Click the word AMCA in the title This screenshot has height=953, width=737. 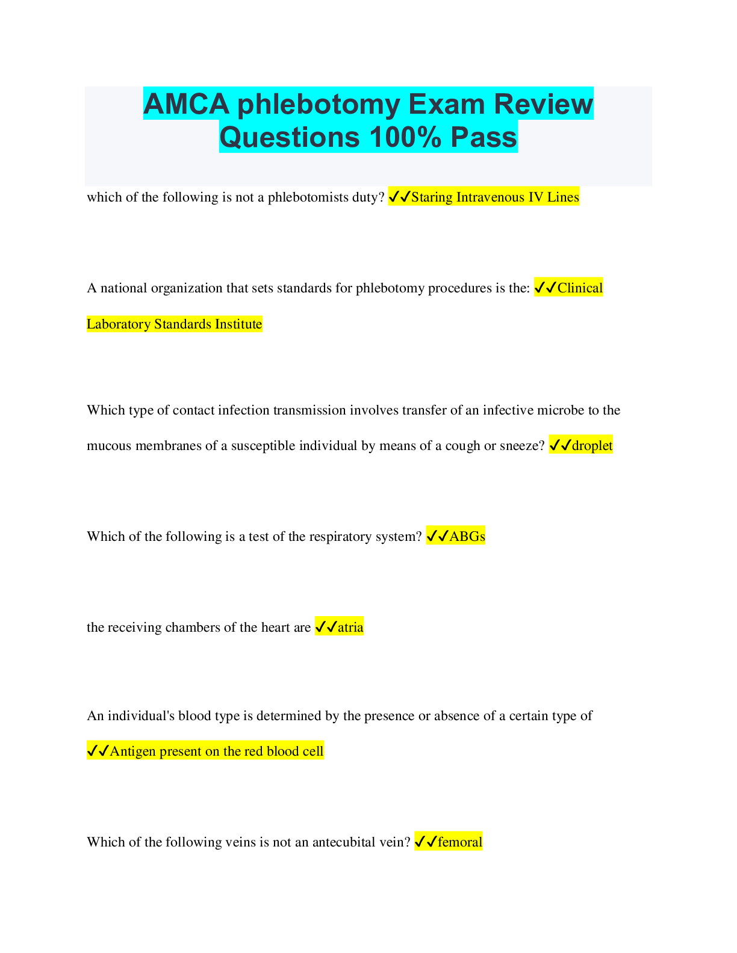pos(186,104)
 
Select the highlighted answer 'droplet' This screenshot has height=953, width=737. pos(592,446)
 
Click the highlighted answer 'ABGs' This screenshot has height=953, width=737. pos(467,537)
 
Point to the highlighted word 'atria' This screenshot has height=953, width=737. pos(350,627)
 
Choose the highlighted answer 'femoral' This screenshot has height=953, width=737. pos(459,842)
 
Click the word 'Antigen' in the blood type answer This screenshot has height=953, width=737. pos(132,751)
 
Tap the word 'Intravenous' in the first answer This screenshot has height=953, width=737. pos(490,197)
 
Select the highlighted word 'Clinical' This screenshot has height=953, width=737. pos(580,288)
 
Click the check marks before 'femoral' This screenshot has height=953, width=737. pos(426,842)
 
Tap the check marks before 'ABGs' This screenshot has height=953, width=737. pos(438,536)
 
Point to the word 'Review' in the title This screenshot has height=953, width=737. pos(543,104)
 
